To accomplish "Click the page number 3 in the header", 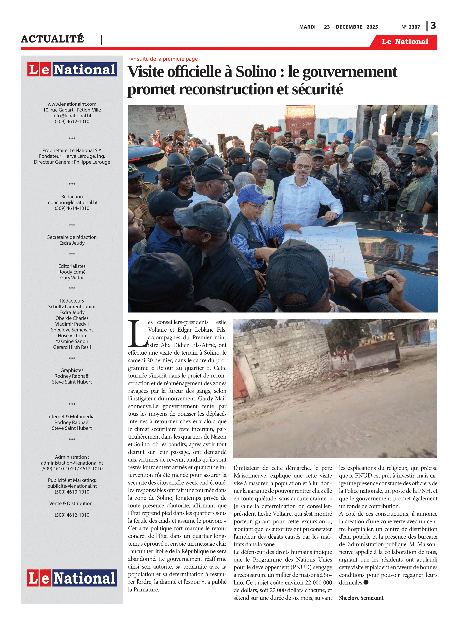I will [x=433, y=26].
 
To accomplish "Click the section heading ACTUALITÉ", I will [x=52, y=39].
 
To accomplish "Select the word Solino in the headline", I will [x=256, y=72].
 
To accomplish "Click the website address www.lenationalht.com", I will [x=72, y=104].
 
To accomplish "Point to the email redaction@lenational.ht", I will [x=72, y=202].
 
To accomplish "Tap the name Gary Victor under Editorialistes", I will [x=72, y=278].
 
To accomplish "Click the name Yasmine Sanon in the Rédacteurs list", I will [x=72, y=341].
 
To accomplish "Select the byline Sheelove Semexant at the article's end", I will [x=361, y=598].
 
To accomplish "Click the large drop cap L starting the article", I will [x=137, y=334].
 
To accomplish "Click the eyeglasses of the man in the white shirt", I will [x=304, y=166].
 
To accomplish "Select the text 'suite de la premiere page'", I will [x=167, y=59].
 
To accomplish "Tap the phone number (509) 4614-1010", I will [x=72, y=208].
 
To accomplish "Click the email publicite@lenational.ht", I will [x=72, y=486].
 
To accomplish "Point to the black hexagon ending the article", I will [x=366, y=582].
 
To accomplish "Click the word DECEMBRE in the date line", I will [x=349, y=27].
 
